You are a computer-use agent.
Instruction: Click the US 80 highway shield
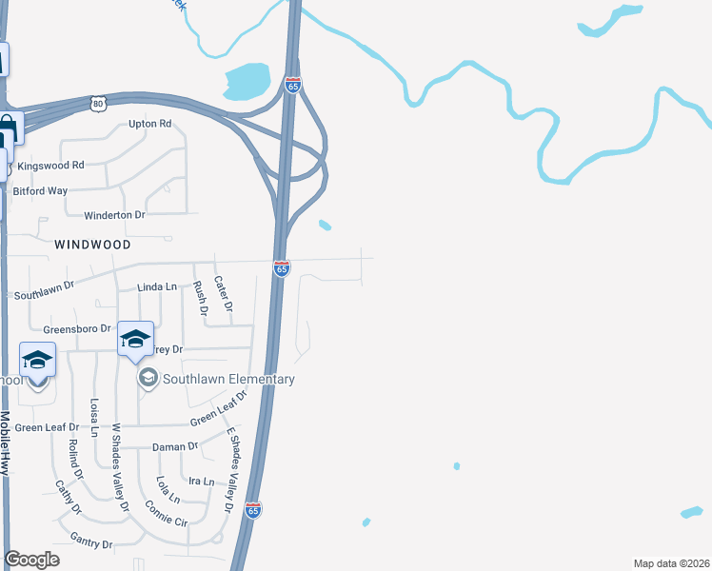(x=98, y=102)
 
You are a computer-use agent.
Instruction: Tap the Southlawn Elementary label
(x=228, y=379)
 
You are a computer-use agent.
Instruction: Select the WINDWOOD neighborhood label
(x=92, y=244)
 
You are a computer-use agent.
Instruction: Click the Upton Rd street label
(x=149, y=124)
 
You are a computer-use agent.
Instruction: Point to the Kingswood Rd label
(x=51, y=165)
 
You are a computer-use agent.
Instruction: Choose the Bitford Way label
(x=39, y=190)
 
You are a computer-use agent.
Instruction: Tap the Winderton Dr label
(x=113, y=215)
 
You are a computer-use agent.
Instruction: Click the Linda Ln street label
(x=157, y=286)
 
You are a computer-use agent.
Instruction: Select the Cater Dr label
(x=223, y=293)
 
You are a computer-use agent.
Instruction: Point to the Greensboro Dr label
(x=78, y=328)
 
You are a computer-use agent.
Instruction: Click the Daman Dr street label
(x=174, y=446)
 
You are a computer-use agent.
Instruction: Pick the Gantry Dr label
(x=91, y=541)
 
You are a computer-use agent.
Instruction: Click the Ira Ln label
(x=201, y=482)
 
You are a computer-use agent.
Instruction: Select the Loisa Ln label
(x=94, y=417)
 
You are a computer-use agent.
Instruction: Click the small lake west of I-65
(x=247, y=81)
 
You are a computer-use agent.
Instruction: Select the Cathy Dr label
(x=65, y=496)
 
